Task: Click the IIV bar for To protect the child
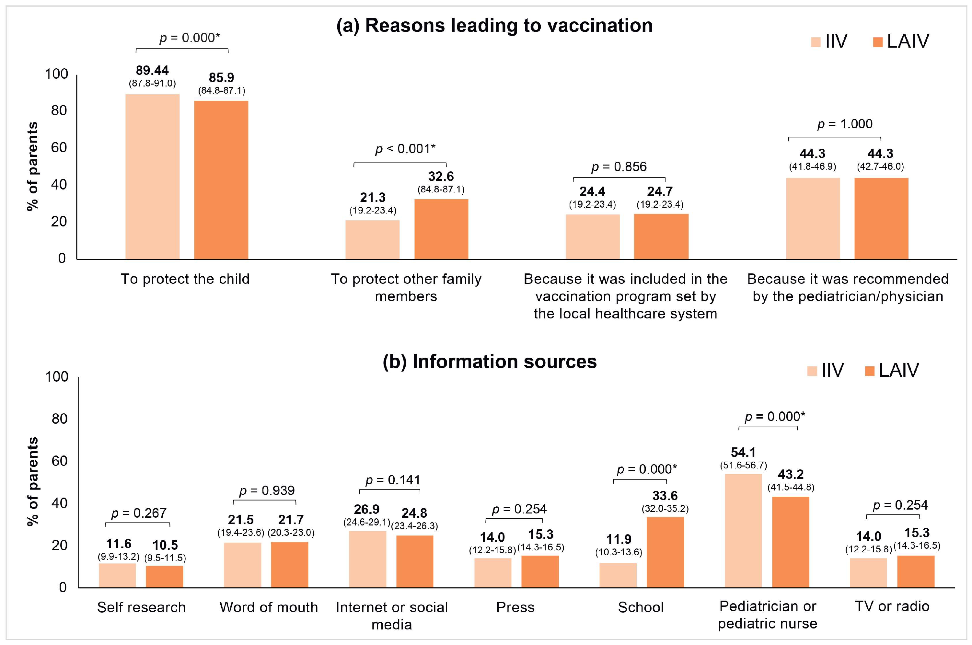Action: pyautogui.click(x=152, y=177)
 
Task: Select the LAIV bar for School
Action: pyautogui.click(x=665, y=552)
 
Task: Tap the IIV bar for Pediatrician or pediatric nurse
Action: pyautogui.click(x=743, y=531)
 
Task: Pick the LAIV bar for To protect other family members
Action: pyautogui.click(x=441, y=229)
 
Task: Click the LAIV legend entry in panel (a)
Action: pyautogui.click(x=901, y=41)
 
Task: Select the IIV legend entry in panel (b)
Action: pyautogui.click(x=826, y=370)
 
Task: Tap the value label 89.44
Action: pyautogui.click(x=152, y=70)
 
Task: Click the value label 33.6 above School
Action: pyautogui.click(x=665, y=496)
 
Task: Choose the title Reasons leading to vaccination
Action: pyautogui.click(x=494, y=26)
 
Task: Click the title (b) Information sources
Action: pyautogui.click(x=490, y=362)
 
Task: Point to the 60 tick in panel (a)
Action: pyautogui.click(x=59, y=148)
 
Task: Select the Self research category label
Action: pyautogui.click(x=141, y=607)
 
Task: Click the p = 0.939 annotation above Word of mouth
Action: pyautogui.click(x=267, y=491)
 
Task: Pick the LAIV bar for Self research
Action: pyautogui.click(x=165, y=577)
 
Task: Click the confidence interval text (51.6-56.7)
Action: pyautogui.click(x=743, y=466)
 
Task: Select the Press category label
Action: pyautogui.click(x=515, y=607)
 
